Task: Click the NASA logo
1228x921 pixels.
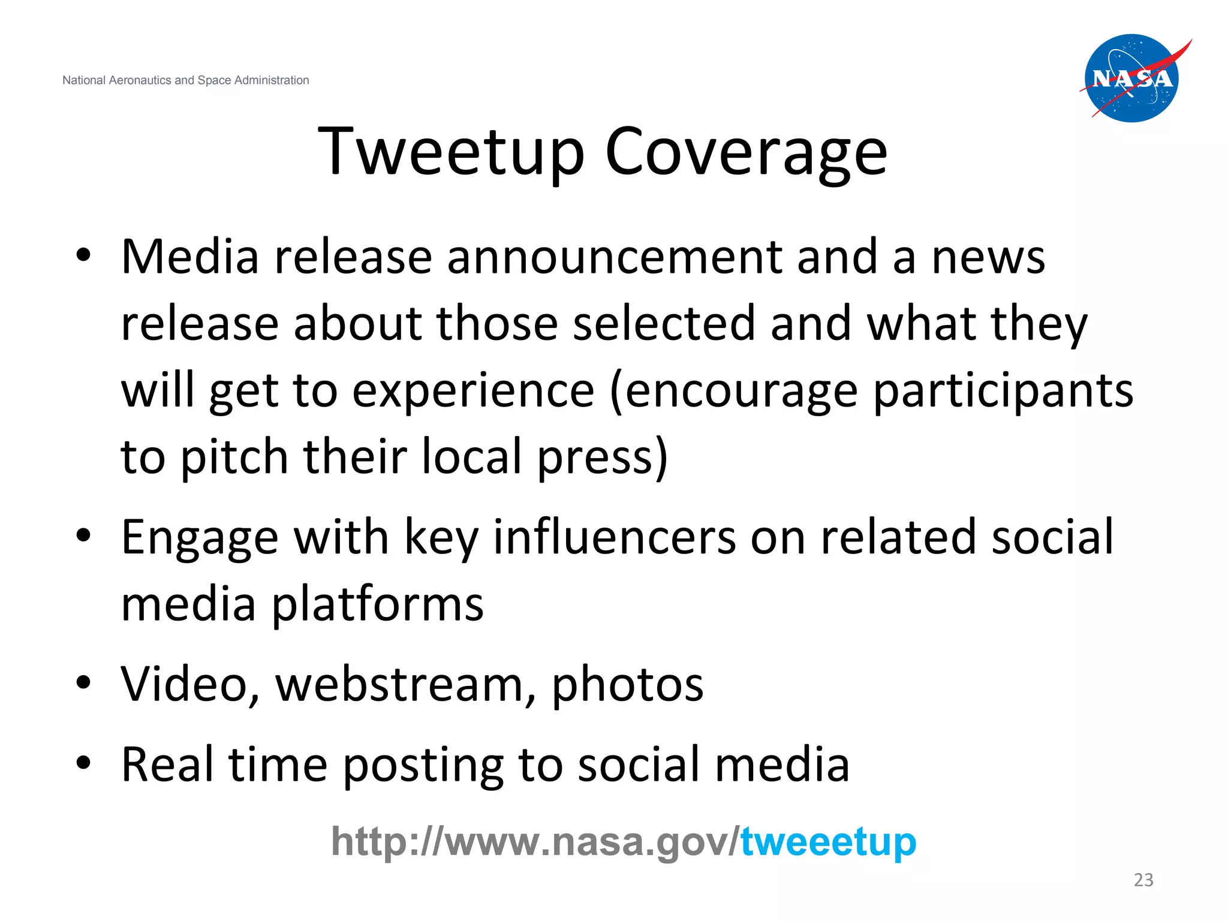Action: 1132,78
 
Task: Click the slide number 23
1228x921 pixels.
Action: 1143,880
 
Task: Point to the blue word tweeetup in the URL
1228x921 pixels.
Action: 828,841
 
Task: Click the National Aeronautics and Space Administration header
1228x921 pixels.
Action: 186,80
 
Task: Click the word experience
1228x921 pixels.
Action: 473,391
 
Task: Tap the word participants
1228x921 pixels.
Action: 1003,391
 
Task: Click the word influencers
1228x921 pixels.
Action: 615,537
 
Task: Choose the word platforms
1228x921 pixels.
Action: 378,604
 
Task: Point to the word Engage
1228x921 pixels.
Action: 200,538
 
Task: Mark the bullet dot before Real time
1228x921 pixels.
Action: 83,763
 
